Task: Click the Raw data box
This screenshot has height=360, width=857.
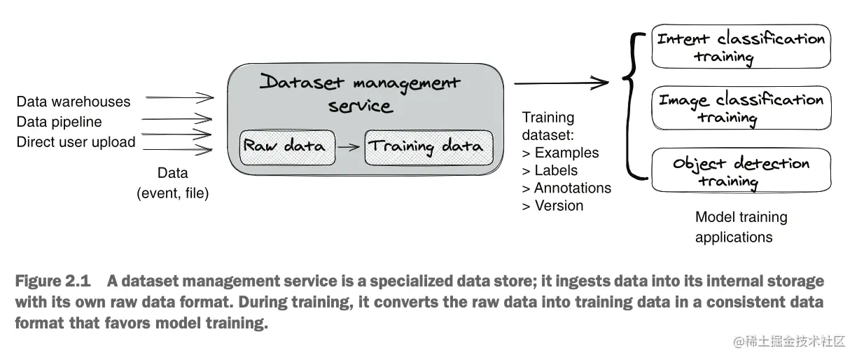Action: [287, 148]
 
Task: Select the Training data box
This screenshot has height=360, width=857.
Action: [429, 148]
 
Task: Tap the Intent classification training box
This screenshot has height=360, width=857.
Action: [741, 46]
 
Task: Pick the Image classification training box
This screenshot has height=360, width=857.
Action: [741, 108]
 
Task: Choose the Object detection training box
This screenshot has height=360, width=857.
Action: [741, 170]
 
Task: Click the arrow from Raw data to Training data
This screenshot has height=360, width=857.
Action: [349, 146]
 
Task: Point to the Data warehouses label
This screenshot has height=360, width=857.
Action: [74, 102]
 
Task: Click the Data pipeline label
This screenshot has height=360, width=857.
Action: [60, 122]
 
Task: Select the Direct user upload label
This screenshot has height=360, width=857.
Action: [76, 142]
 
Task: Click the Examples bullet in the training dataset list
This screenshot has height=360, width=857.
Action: [560, 153]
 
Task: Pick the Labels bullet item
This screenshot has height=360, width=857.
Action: [550, 170]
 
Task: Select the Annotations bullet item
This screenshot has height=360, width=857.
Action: [566, 188]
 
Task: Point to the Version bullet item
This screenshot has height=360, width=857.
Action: [552, 206]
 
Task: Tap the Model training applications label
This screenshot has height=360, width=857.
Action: [741, 227]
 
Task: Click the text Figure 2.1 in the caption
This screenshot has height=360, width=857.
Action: [53, 281]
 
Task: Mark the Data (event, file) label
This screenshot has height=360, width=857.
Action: [172, 184]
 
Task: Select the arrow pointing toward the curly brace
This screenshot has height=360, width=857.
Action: [562, 83]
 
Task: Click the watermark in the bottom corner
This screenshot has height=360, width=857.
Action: [789, 341]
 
